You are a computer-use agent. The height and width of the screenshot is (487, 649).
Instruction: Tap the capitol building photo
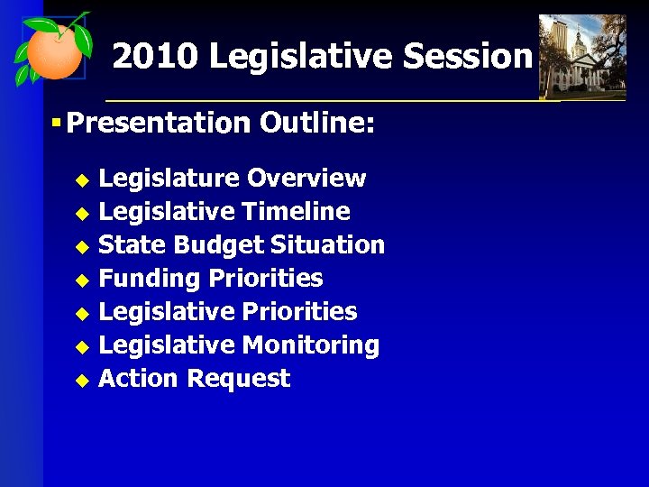click(581, 56)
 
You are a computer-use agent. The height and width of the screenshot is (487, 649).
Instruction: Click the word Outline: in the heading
click(316, 122)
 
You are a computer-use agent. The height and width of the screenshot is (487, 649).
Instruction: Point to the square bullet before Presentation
click(56, 121)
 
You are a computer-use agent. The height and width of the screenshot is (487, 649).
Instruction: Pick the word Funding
click(150, 279)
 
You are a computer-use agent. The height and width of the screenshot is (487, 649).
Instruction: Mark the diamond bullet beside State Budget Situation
click(81, 246)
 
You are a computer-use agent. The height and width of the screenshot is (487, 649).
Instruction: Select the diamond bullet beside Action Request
click(81, 380)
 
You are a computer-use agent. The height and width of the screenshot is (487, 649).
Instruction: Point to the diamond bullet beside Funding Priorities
click(81, 280)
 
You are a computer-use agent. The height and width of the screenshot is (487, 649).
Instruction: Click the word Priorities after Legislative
click(300, 312)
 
